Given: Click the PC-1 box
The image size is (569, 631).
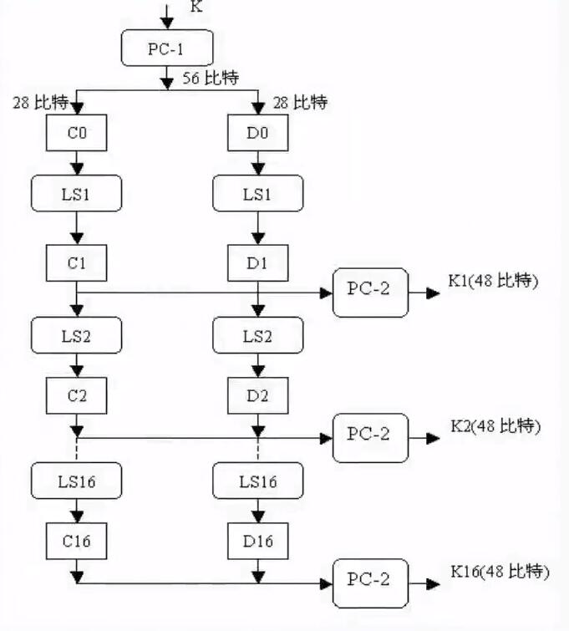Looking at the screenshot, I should (167, 48).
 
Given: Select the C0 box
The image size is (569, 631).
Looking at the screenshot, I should (76, 132).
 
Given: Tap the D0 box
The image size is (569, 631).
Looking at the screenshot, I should (258, 132).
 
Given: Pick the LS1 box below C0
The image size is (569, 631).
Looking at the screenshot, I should (77, 193).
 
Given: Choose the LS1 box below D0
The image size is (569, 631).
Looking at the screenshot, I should (258, 193).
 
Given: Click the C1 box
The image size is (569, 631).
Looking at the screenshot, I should (77, 262).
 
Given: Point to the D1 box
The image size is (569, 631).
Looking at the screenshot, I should (258, 262).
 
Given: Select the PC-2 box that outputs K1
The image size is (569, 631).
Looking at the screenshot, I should (370, 293).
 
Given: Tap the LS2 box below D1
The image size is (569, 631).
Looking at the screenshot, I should (258, 335).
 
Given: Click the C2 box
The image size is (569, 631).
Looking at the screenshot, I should (77, 394).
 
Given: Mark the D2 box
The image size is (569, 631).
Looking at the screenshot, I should (258, 394).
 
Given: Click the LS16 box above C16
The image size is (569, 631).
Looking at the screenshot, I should (77, 480).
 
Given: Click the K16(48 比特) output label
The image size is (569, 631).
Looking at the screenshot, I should (500, 572).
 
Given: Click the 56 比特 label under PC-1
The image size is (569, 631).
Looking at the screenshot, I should (211, 79).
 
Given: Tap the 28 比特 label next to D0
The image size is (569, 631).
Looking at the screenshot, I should (300, 103).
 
